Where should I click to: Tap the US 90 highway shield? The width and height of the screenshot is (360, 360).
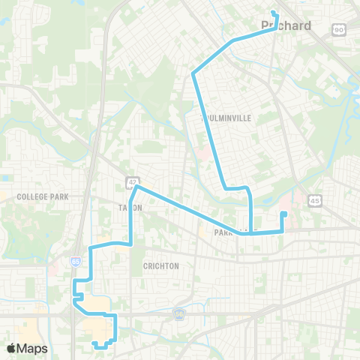[339, 28]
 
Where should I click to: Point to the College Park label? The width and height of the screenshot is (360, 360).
[43, 196]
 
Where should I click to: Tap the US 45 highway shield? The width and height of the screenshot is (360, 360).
[315, 200]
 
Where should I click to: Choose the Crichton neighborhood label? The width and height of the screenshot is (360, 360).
[160, 266]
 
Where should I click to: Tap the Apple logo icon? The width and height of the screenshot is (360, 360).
[11, 347]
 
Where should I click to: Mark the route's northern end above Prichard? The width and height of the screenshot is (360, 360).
[273, 12]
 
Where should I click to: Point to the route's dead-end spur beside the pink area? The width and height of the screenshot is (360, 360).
[283, 214]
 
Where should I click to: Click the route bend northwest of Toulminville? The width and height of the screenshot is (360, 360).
[193, 73]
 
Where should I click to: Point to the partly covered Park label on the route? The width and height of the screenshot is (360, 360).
[225, 232]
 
